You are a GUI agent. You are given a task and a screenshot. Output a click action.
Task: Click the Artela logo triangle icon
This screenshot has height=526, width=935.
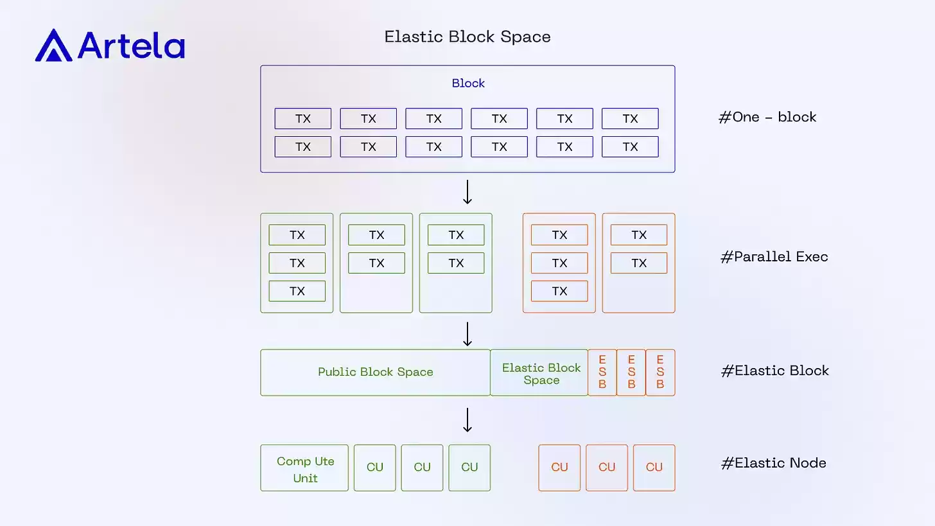pos(54,46)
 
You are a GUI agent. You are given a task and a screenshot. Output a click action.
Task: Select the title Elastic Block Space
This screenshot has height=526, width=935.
pos(467,37)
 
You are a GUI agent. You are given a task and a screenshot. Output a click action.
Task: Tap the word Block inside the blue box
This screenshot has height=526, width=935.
pos(468,83)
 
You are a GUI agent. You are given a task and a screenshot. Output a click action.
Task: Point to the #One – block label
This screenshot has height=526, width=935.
pos(767,117)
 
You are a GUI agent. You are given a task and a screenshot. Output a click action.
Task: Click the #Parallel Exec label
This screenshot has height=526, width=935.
pos(774,257)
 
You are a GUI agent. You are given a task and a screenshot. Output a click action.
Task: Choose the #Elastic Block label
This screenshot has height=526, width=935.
pos(775,371)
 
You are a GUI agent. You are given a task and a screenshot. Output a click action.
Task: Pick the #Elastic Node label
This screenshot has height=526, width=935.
pos(774,463)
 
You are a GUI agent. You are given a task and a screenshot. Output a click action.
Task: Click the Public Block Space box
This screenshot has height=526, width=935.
pos(375,373)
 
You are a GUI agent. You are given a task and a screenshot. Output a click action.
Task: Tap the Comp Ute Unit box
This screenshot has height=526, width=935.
pos(304,469)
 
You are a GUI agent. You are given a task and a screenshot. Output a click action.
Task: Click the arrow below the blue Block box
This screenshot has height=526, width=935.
pos(468,192)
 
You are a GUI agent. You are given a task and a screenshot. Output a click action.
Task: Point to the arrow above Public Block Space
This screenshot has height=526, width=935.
pos(468,334)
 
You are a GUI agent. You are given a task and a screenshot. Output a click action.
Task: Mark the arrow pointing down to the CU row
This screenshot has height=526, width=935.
pos(468,420)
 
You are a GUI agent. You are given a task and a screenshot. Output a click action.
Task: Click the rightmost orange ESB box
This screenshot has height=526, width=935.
pos(660,373)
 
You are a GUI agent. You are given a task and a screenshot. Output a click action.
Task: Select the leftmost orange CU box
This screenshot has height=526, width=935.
pos(559,468)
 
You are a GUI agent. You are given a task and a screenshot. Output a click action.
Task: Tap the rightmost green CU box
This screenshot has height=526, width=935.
pos(469,468)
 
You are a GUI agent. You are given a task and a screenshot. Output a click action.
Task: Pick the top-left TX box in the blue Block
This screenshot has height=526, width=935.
pos(303,119)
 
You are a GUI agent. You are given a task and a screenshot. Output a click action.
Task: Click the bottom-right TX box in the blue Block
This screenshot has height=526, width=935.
pos(630,147)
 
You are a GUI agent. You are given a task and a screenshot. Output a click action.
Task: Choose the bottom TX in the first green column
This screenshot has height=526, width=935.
pos(297,291)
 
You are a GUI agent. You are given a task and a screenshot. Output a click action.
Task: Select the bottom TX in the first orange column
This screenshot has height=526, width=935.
pos(559,291)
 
